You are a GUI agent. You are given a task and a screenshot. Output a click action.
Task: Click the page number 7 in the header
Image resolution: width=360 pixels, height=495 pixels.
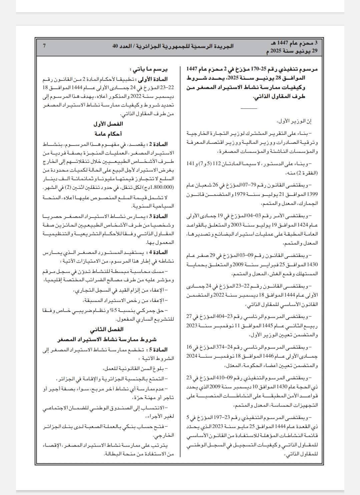click(x=44, y=46)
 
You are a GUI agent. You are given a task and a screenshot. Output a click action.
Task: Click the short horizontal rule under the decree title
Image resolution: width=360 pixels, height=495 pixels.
click(x=249, y=108)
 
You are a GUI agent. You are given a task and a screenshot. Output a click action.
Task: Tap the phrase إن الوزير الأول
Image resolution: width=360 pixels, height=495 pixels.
click(x=299, y=122)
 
